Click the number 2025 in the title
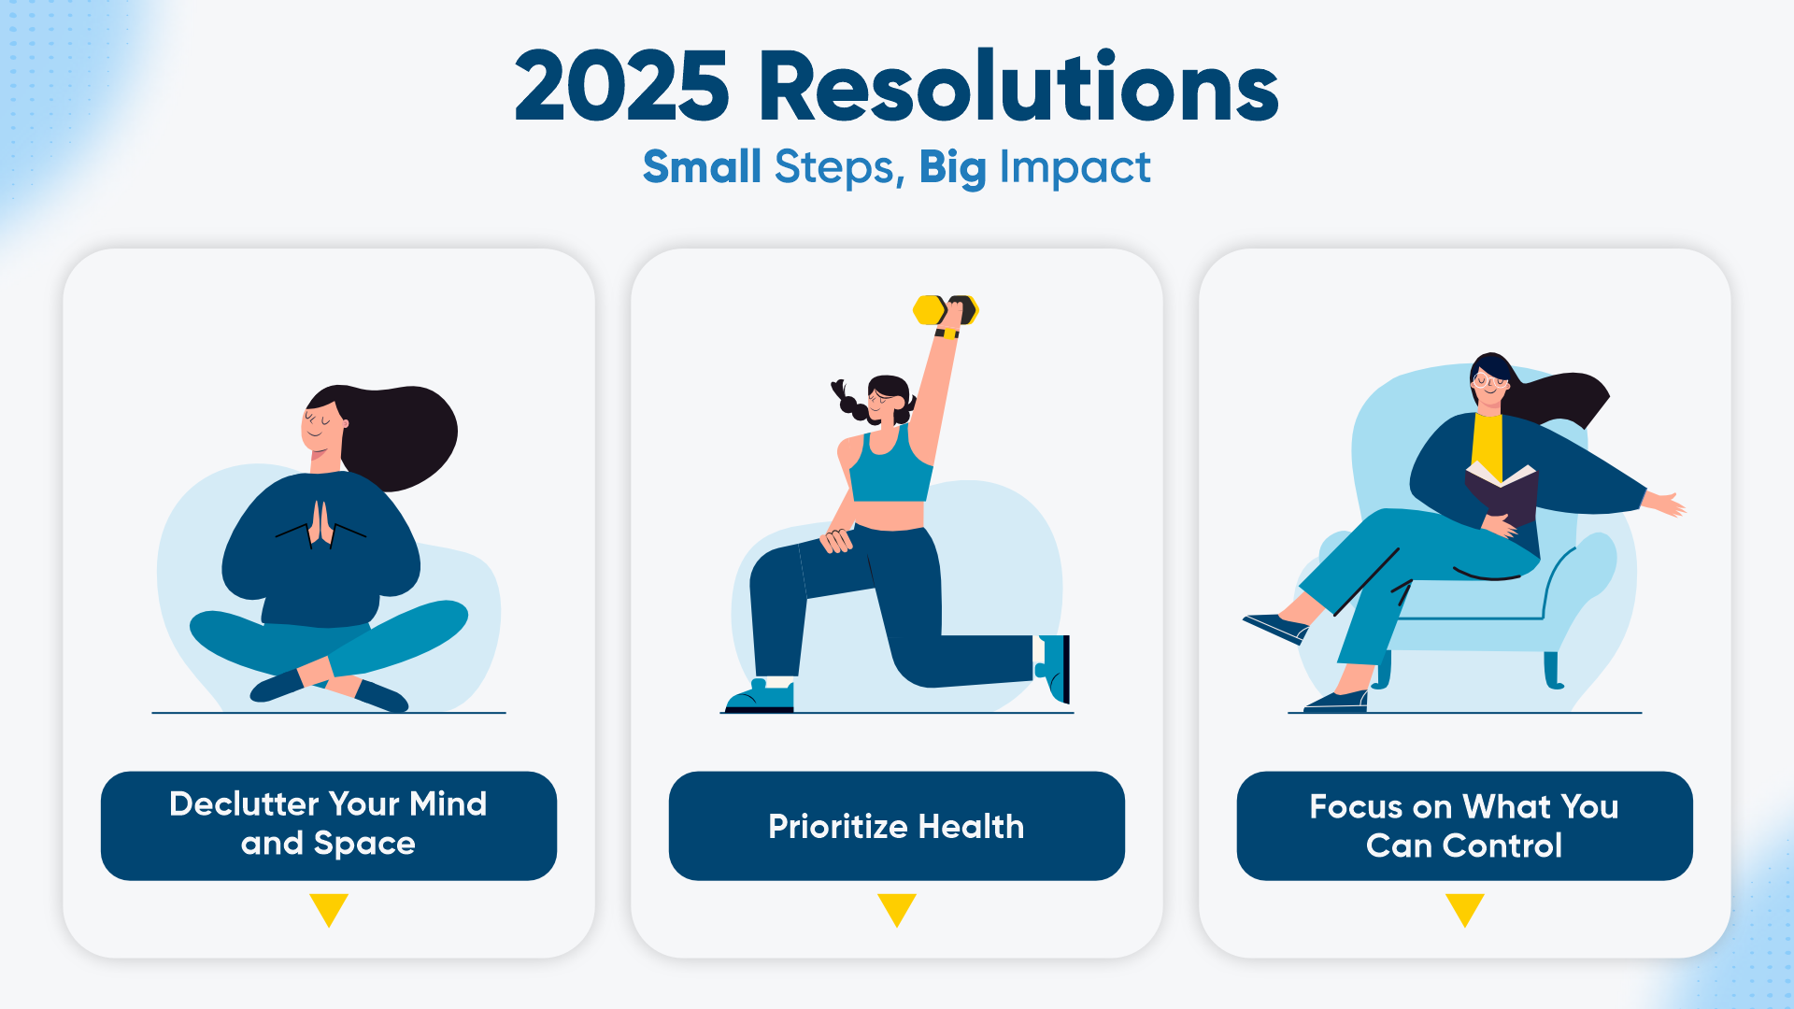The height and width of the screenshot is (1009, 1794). [x=621, y=87]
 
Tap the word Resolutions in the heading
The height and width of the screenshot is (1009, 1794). [x=1018, y=86]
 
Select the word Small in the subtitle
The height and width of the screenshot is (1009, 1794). [x=702, y=167]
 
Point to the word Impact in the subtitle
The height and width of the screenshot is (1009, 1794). [x=1075, y=168]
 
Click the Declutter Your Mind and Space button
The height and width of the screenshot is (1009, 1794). [x=329, y=826]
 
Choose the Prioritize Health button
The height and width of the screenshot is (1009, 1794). [x=897, y=826]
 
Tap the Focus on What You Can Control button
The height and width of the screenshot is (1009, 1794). [x=1465, y=826]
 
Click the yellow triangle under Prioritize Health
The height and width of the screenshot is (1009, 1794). [x=897, y=908]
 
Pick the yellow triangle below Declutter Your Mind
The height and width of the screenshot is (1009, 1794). [x=329, y=908]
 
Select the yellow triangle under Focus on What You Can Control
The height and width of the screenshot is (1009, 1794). [x=1465, y=908]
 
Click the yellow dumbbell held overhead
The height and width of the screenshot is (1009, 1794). [x=945, y=310]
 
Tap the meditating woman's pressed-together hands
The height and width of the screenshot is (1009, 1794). [x=320, y=524]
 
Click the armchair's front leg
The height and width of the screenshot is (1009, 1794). [x=1553, y=670]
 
